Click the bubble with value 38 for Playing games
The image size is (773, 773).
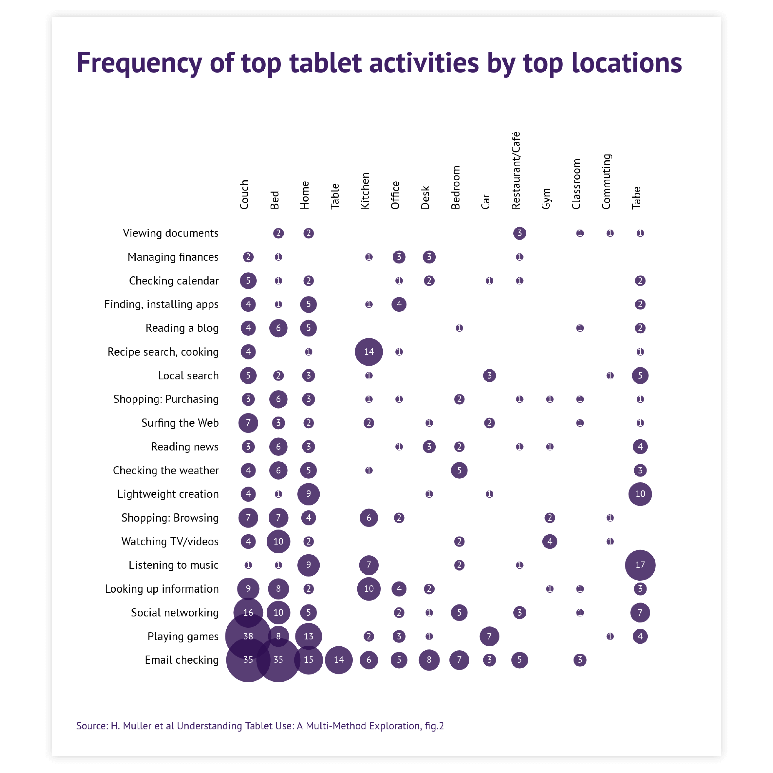click(x=248, y=636)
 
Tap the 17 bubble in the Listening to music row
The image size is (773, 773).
click(x=640, y=565)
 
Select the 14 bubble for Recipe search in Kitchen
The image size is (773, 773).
click(x=368, y=352)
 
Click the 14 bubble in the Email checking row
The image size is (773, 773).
click(x=338, y=660)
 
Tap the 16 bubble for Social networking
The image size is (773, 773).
click(x=248, y=613)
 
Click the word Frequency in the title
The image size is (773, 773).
click(x=139, y=63)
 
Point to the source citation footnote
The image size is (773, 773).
click(x=260, y=726)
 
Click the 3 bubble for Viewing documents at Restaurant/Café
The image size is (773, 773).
click(x=519, y=233)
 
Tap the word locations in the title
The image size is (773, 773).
click(x=627, y=63)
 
